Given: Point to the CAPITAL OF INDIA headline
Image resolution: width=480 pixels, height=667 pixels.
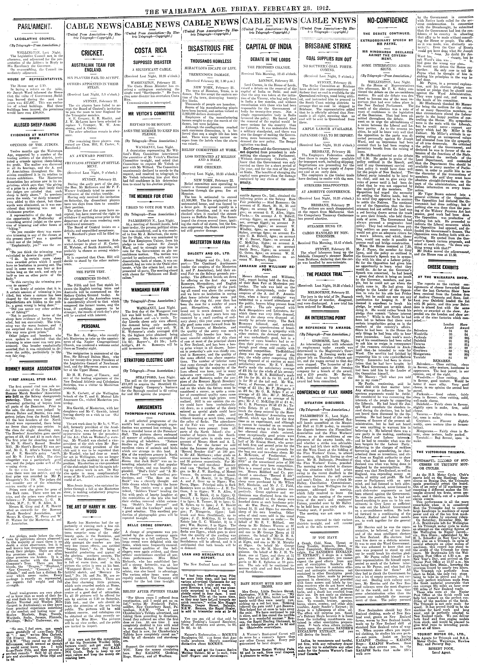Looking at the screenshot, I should [273, 46].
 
